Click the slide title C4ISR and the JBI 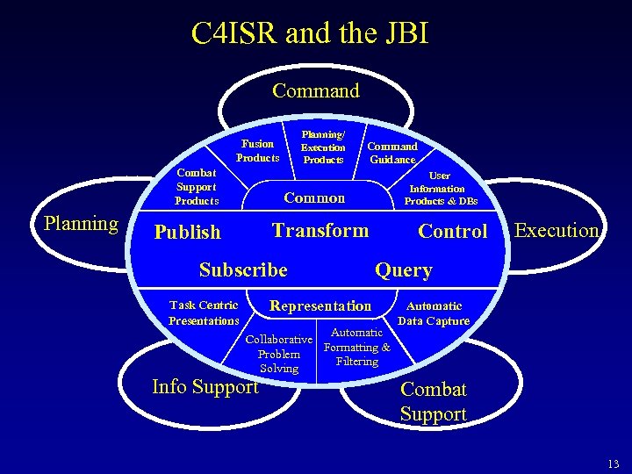[310, 33]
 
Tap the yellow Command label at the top [316, 90]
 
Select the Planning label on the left [81, 223]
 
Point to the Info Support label [205, 386]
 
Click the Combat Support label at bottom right [434, 401]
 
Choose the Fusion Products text [257, 150]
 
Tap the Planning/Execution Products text [323, 147]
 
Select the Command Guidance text [392, 153]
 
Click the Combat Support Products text [196, 187]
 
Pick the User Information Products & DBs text [441, 189]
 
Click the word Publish [187, 233]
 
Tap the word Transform [320, 230]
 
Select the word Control [452, 231]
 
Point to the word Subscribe [243, 269]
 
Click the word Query [404, 270]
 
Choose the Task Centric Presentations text [204, 312]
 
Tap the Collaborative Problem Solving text [279, 354]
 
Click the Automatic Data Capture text [434, 313]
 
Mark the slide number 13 [613, 464]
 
